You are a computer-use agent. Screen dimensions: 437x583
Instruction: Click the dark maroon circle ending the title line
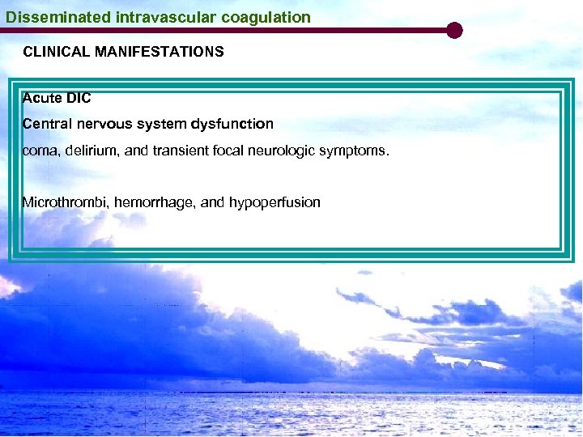point(454,31)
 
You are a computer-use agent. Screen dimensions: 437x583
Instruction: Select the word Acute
point(40,98)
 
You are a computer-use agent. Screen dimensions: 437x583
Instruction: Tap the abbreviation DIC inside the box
point(79,98)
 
